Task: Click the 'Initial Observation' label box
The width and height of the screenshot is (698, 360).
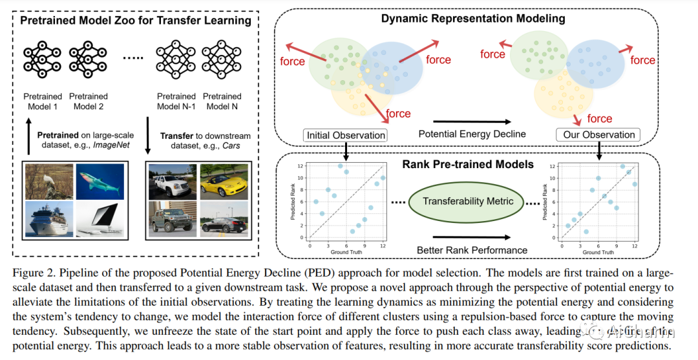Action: [344, 135]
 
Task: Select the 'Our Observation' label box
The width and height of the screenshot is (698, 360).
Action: [599, 135]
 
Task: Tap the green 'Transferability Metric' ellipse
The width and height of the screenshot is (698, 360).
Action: [468, 201]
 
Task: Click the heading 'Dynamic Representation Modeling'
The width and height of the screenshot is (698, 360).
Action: [472, 18]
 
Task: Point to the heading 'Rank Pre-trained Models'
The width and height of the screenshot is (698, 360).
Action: [468, 164]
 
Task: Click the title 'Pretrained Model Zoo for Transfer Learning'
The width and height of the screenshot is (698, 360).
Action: [136, 20]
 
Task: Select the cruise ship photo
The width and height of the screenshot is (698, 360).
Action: [49, 219]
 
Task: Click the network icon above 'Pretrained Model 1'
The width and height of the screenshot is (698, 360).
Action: [41, 60]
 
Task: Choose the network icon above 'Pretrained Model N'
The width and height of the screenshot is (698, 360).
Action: [222, 60]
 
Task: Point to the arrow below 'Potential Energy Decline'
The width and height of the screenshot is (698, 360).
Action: [472, 121]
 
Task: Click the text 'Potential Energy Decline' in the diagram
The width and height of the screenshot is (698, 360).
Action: [472, 134]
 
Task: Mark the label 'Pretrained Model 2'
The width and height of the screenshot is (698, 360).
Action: [89, 101]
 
